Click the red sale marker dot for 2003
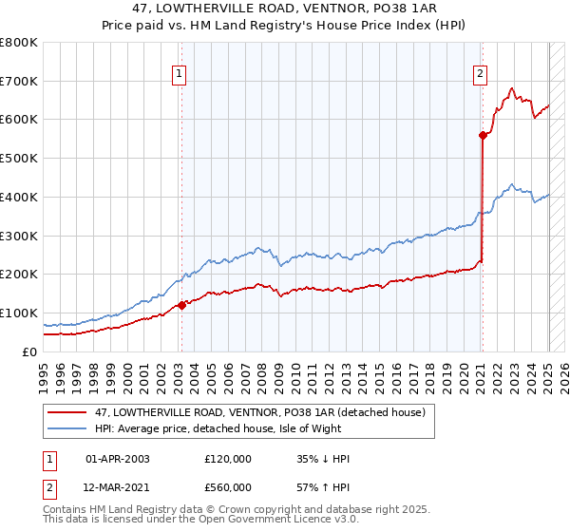coord(181,305)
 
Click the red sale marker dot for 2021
coord(483,135)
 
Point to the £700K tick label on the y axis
coord(19,82)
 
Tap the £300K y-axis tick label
coord(19,236)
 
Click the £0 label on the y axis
coord(30,351)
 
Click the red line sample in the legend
coord(68,411)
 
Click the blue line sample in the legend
coord(68,429)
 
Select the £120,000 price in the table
coord(228,459)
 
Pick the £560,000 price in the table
coord(228,486)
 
